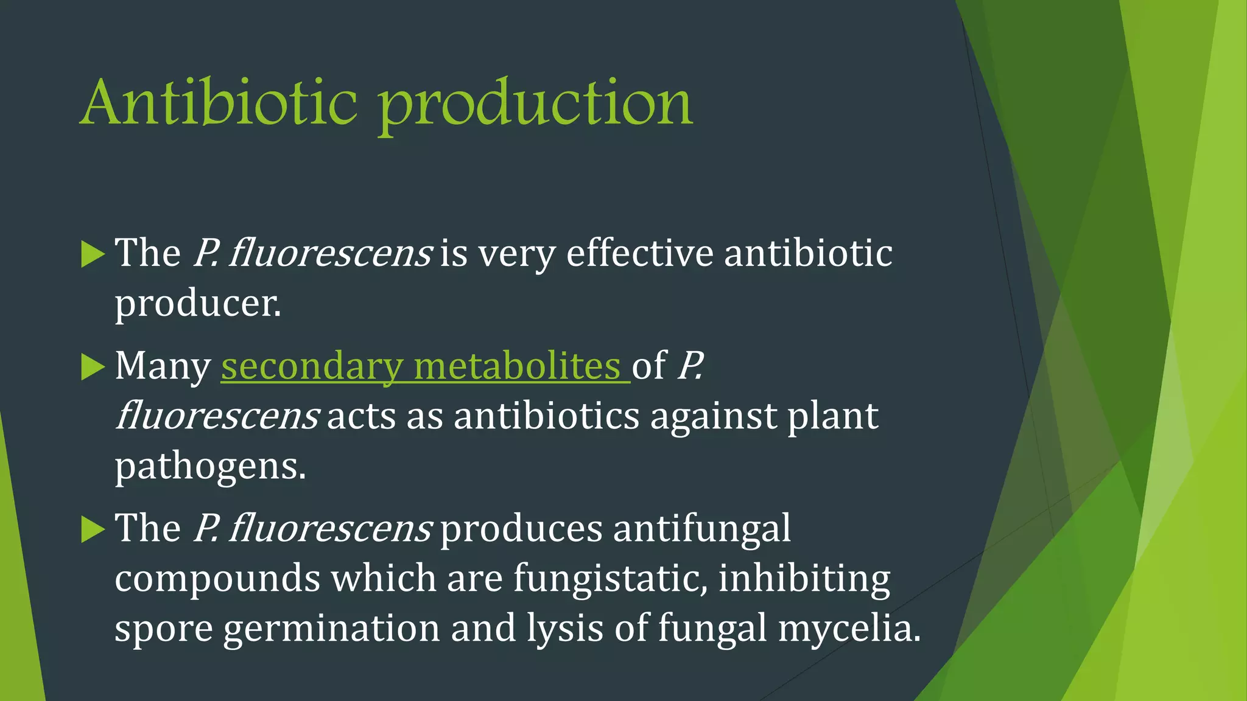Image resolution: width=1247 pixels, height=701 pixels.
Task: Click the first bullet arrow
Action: pos(93,254)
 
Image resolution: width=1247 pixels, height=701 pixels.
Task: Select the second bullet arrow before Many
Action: pos(93,367)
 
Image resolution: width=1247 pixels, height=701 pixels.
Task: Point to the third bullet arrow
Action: pos(93,529)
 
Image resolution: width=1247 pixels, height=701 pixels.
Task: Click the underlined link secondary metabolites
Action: pos(425,367)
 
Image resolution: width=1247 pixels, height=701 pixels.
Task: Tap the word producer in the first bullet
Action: pos(197,304)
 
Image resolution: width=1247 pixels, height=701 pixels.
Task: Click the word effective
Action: pos(639,253)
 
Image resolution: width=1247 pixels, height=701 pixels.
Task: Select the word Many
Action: pos(163,367)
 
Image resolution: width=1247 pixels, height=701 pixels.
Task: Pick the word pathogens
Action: pos(209,467)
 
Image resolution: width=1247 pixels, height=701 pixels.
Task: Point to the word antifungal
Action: pos(701,528)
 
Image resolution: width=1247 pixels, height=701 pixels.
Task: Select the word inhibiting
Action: pos(804,579)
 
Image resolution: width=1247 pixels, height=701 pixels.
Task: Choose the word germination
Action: pos(331,629)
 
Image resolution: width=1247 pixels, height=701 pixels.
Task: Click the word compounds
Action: pos(217,579)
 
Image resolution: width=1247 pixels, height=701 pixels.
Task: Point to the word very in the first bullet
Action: pos(516,254)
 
